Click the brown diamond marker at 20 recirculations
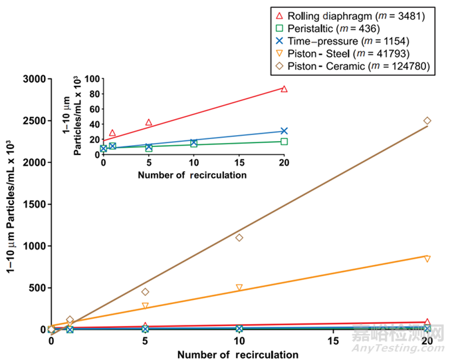point(427,120)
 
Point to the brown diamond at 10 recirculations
point(239,238)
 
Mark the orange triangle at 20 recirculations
point(427,258)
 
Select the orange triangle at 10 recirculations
point(239,287)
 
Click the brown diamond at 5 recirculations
point(145,291)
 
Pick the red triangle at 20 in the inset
point(284,89)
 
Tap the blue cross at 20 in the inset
point(284,131)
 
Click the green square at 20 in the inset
point(284,141)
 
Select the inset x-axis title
point(192,176)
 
